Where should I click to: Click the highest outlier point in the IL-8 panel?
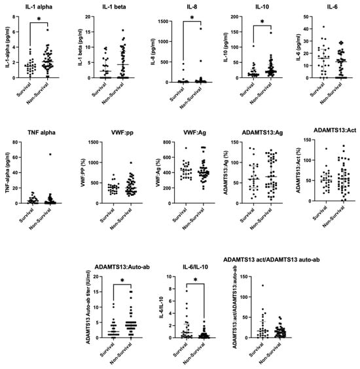201,29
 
